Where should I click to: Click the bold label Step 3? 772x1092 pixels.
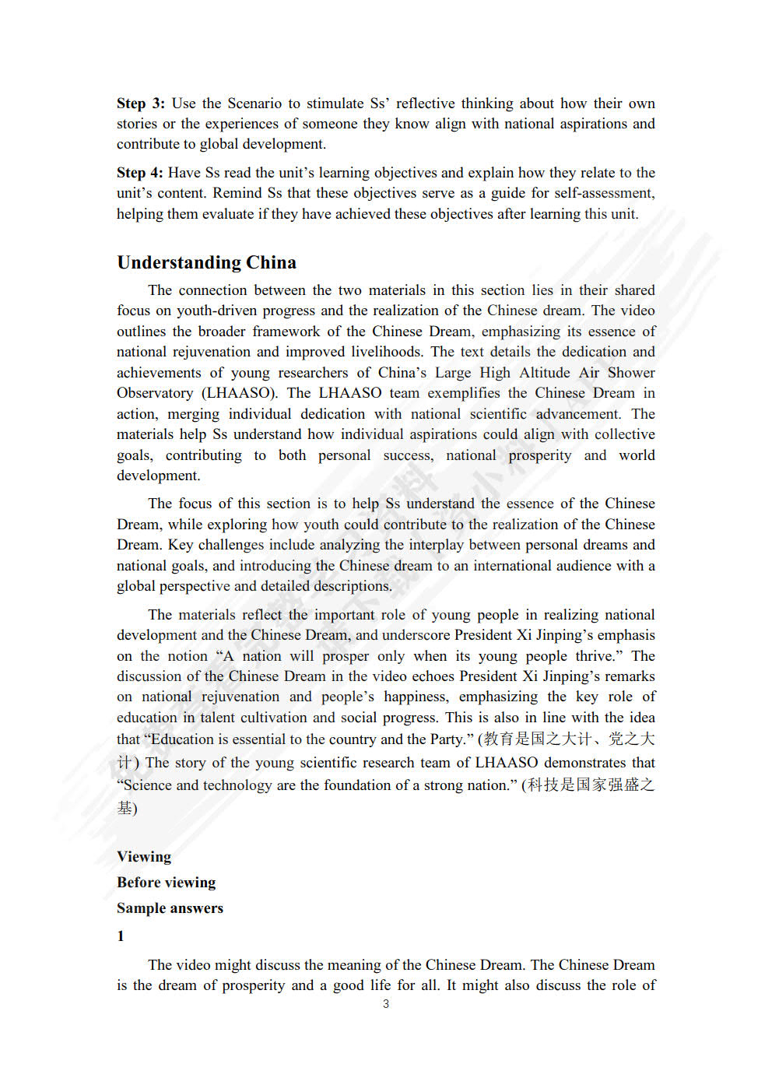140,104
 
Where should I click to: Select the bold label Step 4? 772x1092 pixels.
140,173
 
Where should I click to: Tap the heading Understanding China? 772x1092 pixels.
206,262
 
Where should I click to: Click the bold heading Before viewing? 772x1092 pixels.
166,883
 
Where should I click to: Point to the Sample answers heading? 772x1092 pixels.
170,908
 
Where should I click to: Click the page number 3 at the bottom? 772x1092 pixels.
386,1004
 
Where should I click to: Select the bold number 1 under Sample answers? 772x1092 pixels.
121,936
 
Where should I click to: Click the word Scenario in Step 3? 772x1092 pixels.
254,104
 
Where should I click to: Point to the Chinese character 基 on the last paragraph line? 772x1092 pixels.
125,808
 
